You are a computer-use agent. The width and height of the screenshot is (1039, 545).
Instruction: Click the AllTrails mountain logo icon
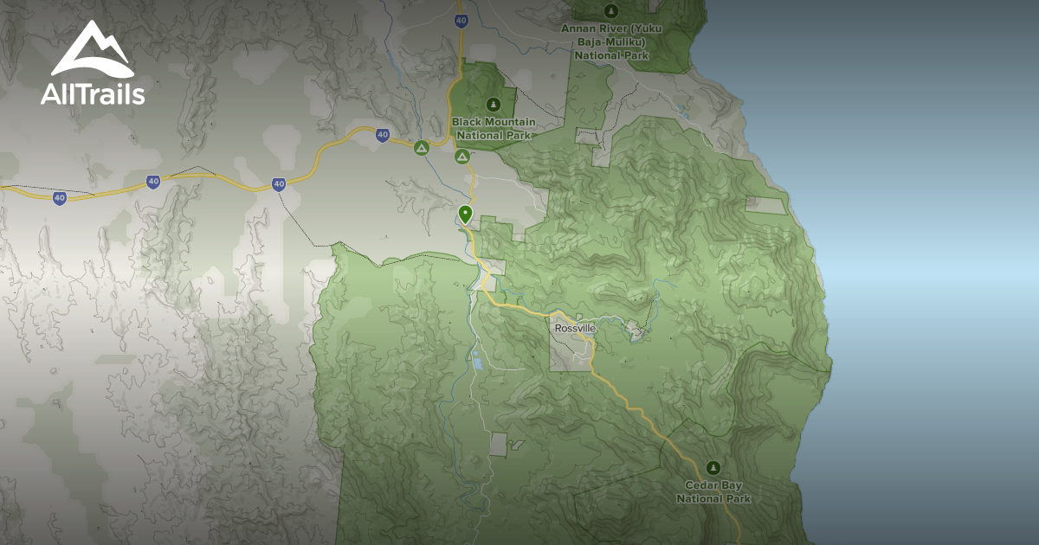92,50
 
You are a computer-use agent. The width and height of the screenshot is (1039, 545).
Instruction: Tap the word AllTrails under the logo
93,94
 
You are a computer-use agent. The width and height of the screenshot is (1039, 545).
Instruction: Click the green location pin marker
465,213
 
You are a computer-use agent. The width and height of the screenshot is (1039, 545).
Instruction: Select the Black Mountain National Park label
494,128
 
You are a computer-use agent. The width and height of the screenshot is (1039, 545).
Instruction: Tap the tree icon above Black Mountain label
494,104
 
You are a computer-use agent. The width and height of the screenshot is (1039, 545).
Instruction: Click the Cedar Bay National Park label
713,492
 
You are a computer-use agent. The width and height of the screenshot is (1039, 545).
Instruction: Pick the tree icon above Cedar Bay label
713,467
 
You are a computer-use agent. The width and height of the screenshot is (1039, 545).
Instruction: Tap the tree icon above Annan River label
611,10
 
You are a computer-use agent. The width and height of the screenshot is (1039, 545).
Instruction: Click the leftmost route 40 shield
59,198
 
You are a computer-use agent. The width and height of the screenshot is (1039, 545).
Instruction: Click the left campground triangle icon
421,149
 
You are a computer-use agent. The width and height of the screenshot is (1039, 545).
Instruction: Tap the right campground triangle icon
461,157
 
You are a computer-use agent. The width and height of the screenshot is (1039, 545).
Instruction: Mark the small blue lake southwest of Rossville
477,361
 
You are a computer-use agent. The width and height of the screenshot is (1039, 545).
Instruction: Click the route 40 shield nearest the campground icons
382,135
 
